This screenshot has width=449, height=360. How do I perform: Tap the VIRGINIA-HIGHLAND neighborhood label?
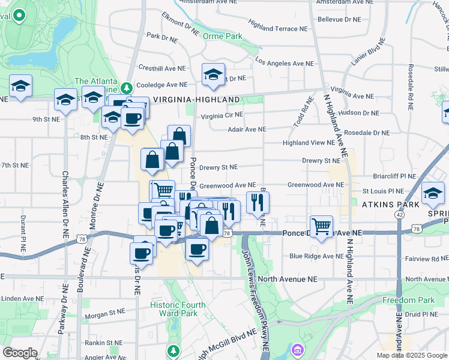[x=188, y=100]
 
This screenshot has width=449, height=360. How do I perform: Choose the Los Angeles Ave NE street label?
[x=284, y=63]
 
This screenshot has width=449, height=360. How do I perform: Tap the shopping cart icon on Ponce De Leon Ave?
[x=322, y=226]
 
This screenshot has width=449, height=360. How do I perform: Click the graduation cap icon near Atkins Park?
[x=433, y=193]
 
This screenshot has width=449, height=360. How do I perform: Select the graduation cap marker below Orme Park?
[x=212, y=74]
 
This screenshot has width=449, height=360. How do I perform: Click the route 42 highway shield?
[x=400, y=214]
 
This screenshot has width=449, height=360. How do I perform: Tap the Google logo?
[x=20, y=353]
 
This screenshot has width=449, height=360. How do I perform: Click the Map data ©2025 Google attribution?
[x=412, y=355]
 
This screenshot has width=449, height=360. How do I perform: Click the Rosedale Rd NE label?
[x=411, y=87]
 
